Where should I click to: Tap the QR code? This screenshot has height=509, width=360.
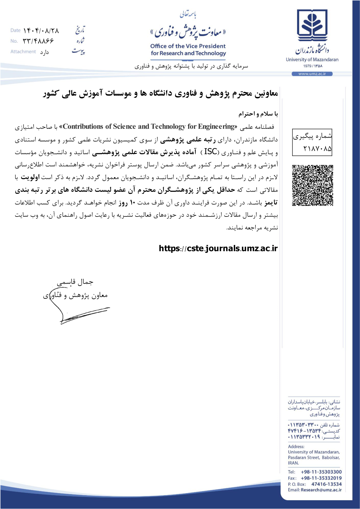(x=312, y=185)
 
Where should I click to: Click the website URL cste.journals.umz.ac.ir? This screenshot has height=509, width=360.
(x=218, y=248)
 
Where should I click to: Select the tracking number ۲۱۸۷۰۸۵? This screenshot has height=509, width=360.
(x=317, y=149)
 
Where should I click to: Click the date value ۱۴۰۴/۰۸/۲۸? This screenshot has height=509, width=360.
(x=41, y=30)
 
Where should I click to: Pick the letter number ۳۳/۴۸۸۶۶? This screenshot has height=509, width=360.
(x=38, y=41)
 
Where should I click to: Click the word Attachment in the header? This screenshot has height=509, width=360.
(x=23, y=52)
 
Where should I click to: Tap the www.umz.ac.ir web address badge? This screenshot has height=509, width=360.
(x=312, y=74)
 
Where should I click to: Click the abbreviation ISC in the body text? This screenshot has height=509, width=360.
(x=210, y=151)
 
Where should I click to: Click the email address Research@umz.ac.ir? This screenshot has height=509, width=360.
(x=321, y=490)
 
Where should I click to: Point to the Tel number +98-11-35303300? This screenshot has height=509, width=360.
(x=321, y=472)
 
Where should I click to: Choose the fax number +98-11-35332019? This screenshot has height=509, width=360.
(x=321, y=478)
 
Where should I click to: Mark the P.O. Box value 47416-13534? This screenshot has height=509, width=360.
(x=326, y=484)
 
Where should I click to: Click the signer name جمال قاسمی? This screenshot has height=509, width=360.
(x=75, y=282)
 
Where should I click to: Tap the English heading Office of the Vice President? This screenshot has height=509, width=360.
(x=188, y=46)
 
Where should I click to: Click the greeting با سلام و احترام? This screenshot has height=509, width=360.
(x=258, y=114)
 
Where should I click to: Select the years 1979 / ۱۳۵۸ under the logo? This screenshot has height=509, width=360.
(x=313, y=66)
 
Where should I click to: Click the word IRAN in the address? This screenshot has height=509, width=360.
(x=293, y=463)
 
